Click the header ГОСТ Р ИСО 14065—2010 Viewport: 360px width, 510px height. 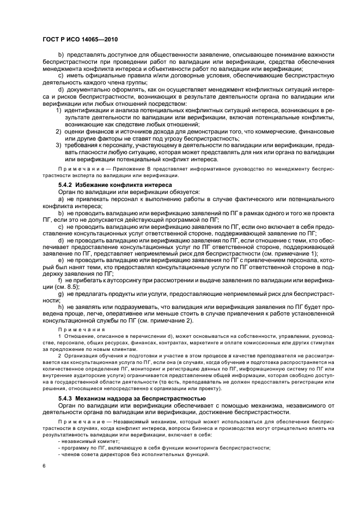pyautogui.click(x=81, y=40)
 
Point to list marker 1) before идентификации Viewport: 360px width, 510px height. pyautogui.click(x=58, y=111)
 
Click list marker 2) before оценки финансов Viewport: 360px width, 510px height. pyautogui.click(x=58, y=131)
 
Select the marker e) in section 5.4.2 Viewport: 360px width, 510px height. pyautogui.click(x=60, y=260)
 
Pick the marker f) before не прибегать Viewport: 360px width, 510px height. pyautogui.click(x=60, y=281)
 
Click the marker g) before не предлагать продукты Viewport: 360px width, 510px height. pyautogui.click(x=60, y=294)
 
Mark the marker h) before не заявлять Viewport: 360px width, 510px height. pyautogui.click(x=60, y=308)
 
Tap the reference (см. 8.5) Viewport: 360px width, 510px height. pyautogui.click(x=68, y=287)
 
